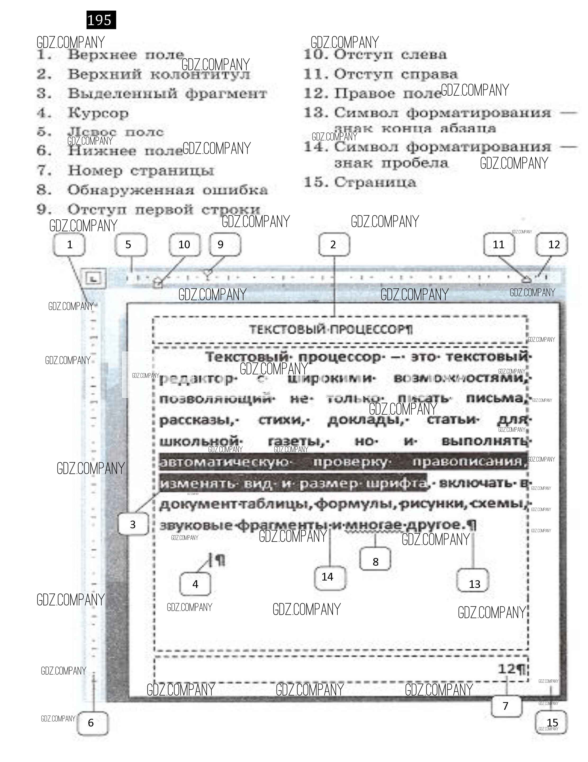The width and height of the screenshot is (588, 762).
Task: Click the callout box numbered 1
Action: (69, 245)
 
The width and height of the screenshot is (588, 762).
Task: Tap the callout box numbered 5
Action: (128, 245)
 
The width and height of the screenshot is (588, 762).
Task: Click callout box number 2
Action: (333, 245)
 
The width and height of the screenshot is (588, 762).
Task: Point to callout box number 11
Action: (498, 245)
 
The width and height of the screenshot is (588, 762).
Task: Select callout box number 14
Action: (328, 577)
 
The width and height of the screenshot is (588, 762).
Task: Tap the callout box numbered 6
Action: (91, 722)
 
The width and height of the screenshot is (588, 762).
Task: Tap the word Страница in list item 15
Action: (375, 182)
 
